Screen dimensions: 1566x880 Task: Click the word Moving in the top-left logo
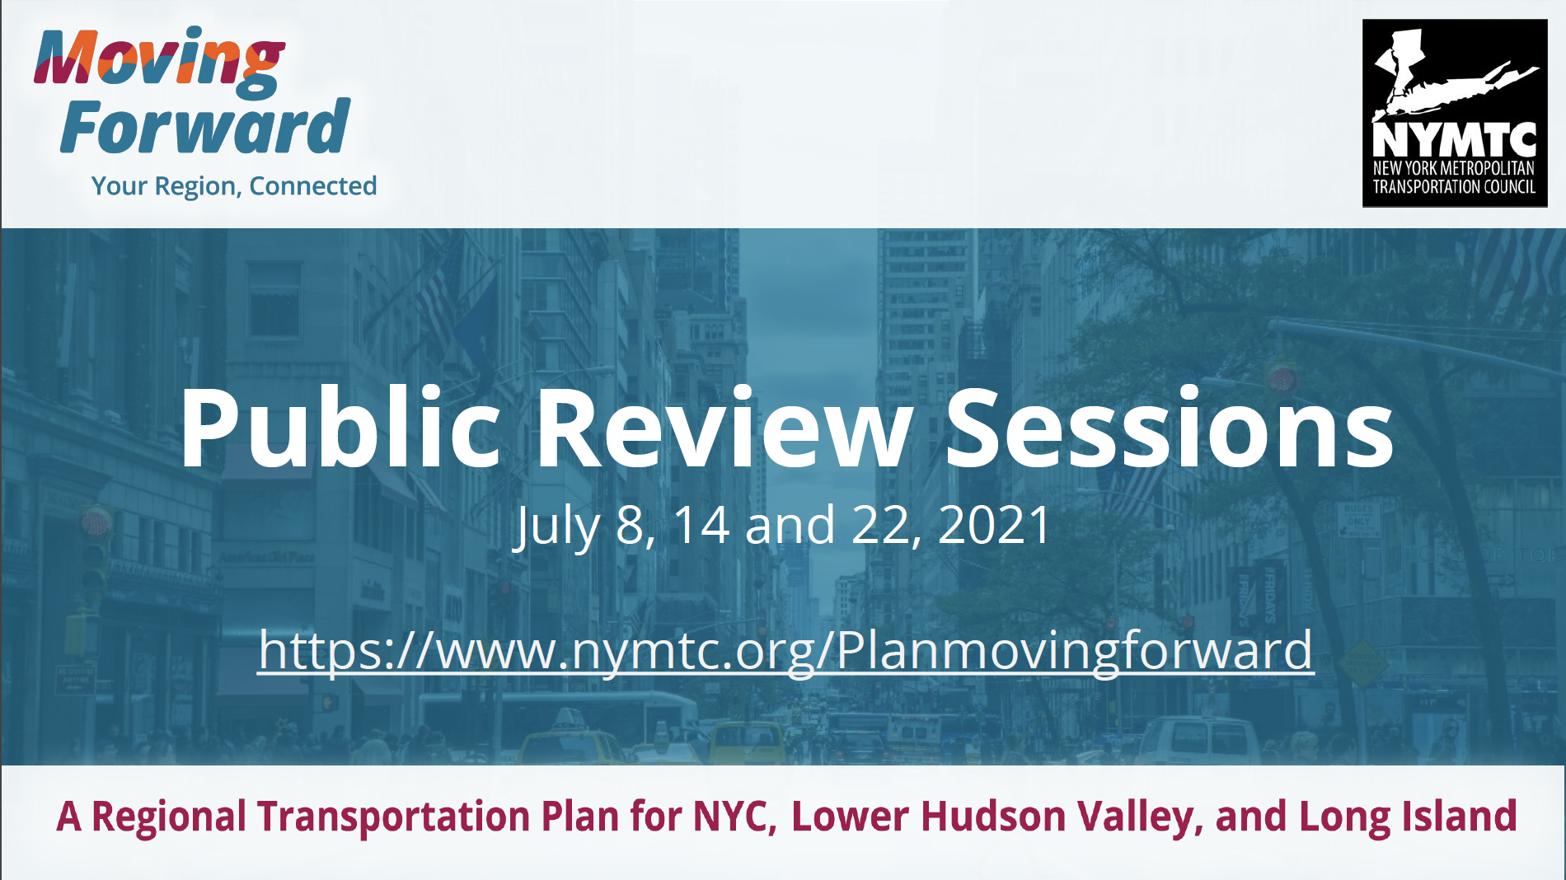tap(160, 60)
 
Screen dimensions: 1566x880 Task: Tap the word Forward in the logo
tap(205, 127)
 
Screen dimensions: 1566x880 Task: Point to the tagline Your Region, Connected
tap(234, 186)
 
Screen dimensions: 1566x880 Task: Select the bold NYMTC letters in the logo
tap(1455, 139)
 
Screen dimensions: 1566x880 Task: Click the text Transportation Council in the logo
tap(1454, 187)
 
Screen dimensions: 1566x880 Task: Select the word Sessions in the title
tap(1170, 428)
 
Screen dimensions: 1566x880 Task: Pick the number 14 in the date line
tap(701, 524)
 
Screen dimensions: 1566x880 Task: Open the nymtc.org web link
tap(785, 651)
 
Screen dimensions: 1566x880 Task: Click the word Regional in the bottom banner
tap(169, 817)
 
